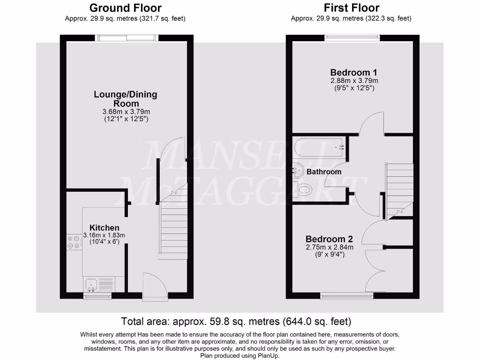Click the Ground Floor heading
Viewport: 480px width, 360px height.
point(125,8)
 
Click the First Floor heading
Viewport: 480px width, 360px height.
point(351,8)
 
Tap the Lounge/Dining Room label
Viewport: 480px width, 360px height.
point(126,98)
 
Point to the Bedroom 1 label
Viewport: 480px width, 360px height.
point(353,73)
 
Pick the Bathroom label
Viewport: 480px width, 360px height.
point(324,172)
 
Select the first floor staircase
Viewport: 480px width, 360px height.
point(399,187)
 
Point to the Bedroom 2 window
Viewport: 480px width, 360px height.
point(346,295)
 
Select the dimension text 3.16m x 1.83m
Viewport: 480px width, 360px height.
point(104,235)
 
